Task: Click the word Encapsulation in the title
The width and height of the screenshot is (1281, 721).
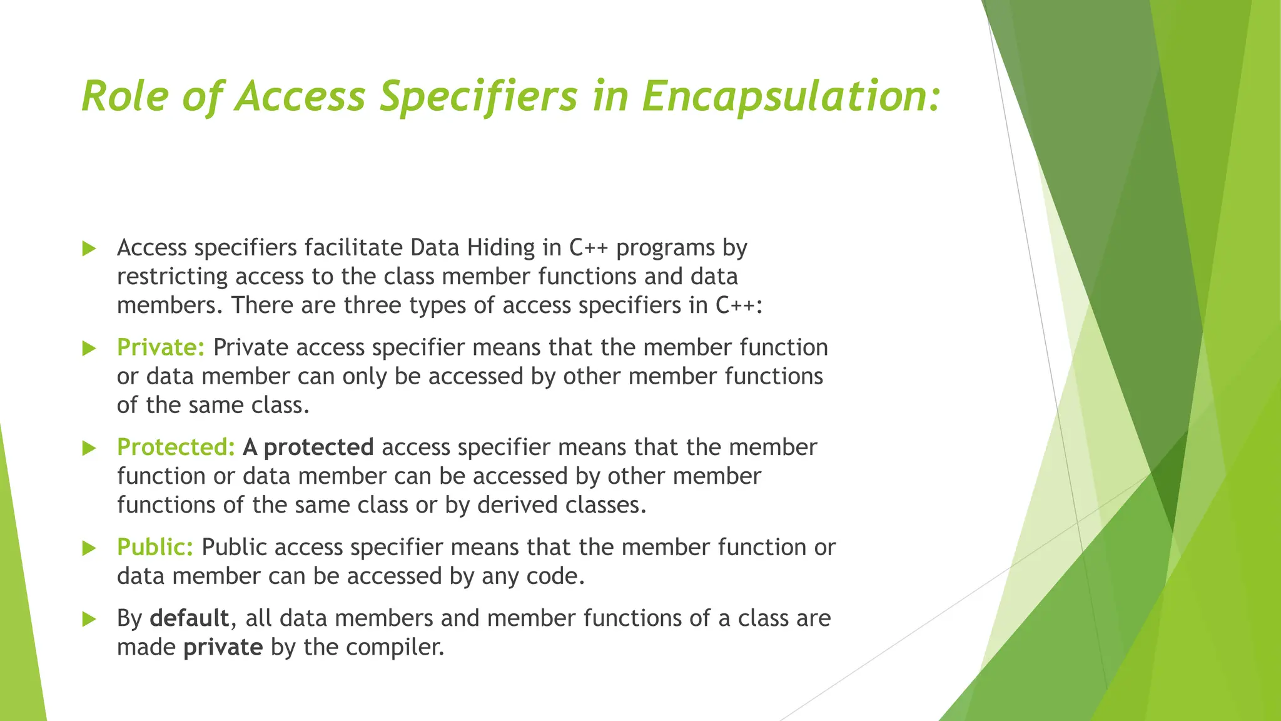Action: click(x=791, y=97)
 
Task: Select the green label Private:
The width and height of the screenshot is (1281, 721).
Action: click(x=161, y=347)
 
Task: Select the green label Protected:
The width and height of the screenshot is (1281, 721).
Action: click(x=176, y=447)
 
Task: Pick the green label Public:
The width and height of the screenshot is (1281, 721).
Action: click(x=155, y=548)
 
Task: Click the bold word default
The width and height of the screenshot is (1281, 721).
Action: click(x=190, y=618)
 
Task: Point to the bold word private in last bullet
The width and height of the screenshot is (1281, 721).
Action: click(x=223, y=647)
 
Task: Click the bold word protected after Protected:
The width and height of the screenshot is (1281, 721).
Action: click(x=318, y=447)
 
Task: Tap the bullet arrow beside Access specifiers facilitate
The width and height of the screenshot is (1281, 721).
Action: click(x=89, y=249)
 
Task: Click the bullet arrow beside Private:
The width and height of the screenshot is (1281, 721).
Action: click(x=89, y=349)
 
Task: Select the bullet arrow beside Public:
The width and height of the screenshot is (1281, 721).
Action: click(x=89, y=549)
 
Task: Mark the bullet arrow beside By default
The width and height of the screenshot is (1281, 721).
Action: click(x=89, y=620)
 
